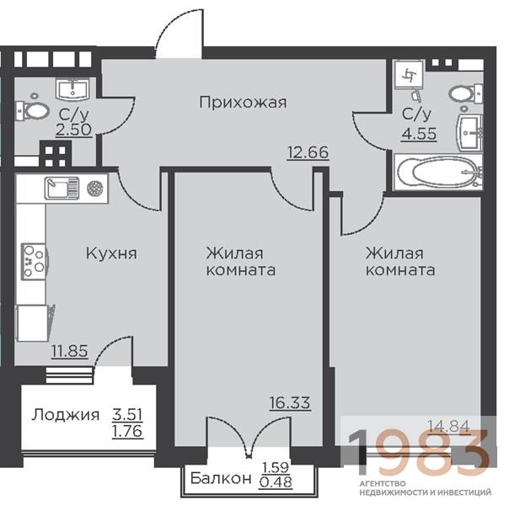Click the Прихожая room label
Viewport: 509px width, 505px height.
tap(243, 103)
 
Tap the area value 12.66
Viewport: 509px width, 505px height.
tap(308, 152)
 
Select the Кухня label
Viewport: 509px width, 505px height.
tap(111, 253)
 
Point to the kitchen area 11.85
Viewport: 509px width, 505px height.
tap(70, 351)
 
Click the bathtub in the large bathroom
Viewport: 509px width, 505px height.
tap(438, 172)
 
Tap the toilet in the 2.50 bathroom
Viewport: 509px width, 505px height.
tap(33, 110)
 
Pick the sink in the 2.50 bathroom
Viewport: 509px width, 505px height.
tap(72, 89)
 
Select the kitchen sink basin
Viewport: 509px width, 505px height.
tap(62, 188)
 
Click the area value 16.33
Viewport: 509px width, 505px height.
tap(290, 403)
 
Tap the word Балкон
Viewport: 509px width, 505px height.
tap(221, 478)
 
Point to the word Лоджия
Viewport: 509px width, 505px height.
tap(65, 415)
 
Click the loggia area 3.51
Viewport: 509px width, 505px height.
tap(127, 414)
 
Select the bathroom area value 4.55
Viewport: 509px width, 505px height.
tap(419, 134)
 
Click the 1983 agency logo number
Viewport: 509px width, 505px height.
tap(419, 451)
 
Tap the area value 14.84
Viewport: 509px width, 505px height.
tap(449, 426)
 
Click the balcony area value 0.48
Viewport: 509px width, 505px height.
tap(276, 481)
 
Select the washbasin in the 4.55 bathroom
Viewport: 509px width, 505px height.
tap(470, 132)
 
